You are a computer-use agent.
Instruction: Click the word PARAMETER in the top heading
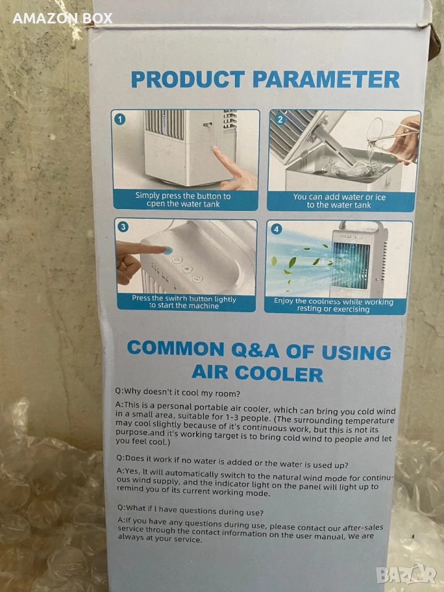pyautogui.click(x=326, y=80)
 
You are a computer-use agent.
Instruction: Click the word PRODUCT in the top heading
pyautogui.click(x=187, y=80)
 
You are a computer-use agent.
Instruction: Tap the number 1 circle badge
pyautogui.click(x=120, y=120)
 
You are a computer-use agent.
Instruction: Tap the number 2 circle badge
pyautogui.click(x=280, y=120)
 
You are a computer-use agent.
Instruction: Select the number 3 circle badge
pyautogui.click(x=123, y=226)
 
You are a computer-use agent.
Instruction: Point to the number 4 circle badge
pyautogui.click(x=277, y=229)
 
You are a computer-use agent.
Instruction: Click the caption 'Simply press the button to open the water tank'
pyautogui.click(x=183, y=200)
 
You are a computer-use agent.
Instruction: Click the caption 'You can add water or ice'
pyautogui.click(x=339, y=197)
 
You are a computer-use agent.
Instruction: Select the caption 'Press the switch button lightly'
pyautogui.click(x=184, y=298)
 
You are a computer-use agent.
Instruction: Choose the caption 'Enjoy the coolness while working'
pyautogui.click(x=334, y=302)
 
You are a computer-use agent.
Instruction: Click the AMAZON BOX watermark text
pyautogui.click(x=63, y=18)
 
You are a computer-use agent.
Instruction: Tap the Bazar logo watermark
pyautogui.click(x=406, y=575)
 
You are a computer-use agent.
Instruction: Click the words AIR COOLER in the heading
pyautogui.click(x=257, y=373)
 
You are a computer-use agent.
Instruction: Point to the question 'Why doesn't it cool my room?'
pyautogui.click(x=178, y=393)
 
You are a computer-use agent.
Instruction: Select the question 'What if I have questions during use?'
pyautogui.click(x=191, y=510)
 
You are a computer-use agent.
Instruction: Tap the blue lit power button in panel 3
pyautogui.click(x=167, y=250)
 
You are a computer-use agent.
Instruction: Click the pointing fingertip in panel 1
pyautogui.click(x=216, y=150)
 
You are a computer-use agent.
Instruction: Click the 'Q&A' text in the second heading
pyautogui.click(x=255, y=350)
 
